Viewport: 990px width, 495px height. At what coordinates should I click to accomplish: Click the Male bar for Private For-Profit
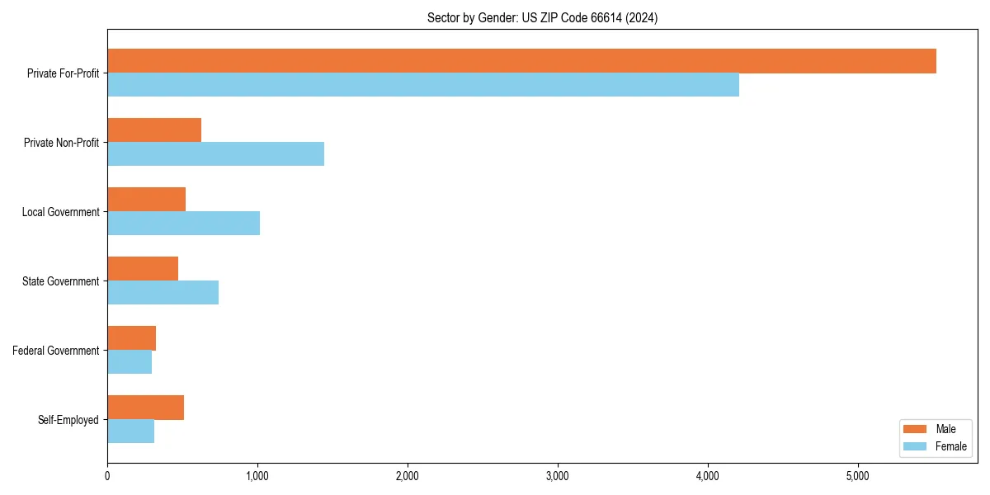pos(521,61)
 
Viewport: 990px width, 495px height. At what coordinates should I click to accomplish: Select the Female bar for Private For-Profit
pos(423,85)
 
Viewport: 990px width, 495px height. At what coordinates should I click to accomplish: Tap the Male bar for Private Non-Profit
pos(154,130)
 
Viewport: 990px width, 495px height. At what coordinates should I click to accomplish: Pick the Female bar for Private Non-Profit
pos(215,154)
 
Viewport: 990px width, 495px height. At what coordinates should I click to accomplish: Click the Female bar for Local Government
pos(183,224)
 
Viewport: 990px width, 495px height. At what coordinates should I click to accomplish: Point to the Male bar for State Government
pos(143,269)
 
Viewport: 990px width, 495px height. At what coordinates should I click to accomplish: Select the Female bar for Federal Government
pos(130,362)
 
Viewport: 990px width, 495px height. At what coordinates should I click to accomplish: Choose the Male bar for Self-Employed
pos(145,408)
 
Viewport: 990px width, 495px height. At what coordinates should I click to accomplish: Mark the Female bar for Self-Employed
pos(130,431)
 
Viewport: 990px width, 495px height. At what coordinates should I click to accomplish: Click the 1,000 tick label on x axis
pos(257,476)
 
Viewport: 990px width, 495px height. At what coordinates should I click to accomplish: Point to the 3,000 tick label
pos(558,476)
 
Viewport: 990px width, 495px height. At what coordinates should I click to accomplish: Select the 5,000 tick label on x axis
pos(858,476)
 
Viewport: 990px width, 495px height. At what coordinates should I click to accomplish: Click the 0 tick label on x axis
pos(107,476)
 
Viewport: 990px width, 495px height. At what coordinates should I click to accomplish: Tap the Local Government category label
pos(60,212)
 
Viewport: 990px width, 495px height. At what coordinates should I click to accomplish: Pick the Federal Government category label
pos(55,351)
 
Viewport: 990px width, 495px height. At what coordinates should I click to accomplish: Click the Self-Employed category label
pos(68,420)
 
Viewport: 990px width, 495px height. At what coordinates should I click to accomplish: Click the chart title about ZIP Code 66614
pos(542,17)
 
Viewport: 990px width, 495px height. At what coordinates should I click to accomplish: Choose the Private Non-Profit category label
pos(61,143)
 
